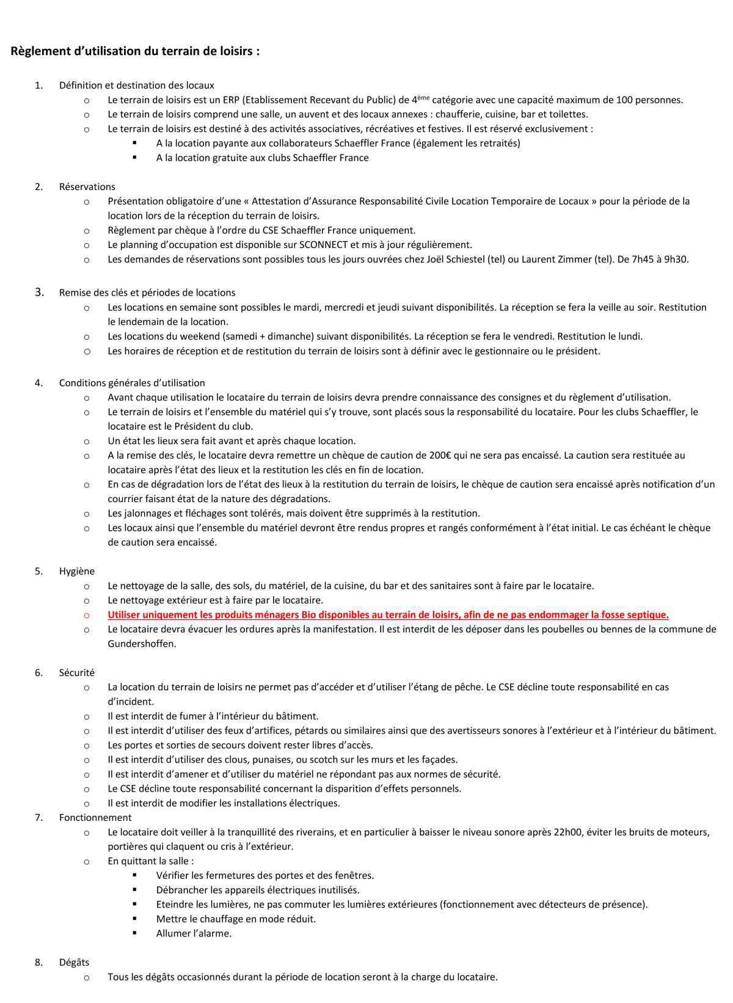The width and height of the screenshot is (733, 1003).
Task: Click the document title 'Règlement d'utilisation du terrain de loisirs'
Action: tap(135, 51)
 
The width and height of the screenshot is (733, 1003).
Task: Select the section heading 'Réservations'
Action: tap(87, 187)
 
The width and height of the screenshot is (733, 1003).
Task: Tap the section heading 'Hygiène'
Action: tap(77, 571)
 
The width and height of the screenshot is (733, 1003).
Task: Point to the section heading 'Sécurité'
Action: tap(77, 673)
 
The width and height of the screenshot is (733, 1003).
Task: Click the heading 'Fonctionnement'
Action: tap(95, 817)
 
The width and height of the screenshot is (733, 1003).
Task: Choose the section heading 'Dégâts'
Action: tap(74, 963)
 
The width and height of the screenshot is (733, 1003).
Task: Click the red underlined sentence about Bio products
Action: tap(388, 615)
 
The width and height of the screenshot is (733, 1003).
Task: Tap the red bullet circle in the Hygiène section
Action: tap(86, 615)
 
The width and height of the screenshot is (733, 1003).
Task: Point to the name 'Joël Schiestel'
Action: tap(455, 260)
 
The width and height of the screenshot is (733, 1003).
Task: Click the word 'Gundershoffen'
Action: tap(142, 644)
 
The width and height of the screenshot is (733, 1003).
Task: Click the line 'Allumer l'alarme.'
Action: tap(194, 933)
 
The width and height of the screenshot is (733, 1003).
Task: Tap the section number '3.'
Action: tap(40, 293)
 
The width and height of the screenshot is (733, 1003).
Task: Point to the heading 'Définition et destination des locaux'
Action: tap(136, 86)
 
